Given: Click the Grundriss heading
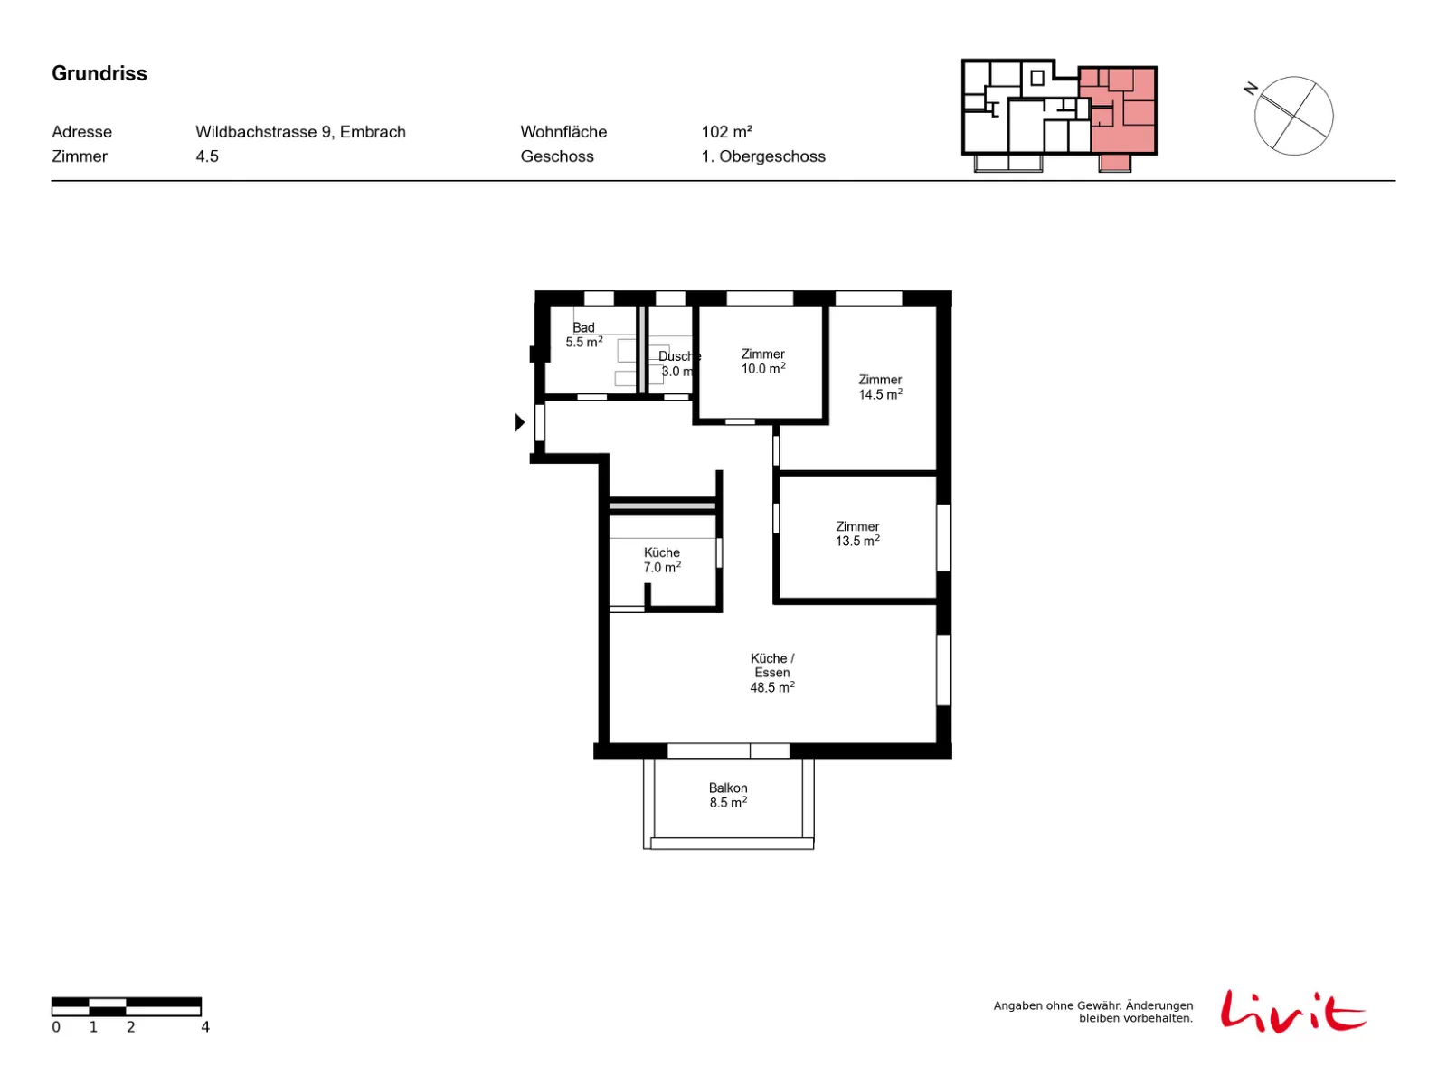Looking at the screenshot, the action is tap(99, 73).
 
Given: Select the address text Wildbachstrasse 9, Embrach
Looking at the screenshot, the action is tap(300, 132).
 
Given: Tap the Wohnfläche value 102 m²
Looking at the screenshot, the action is tap(726, 132).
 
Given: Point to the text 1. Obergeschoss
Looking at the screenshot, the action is tap(762, 156).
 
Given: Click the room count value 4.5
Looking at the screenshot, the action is tap(206, 156).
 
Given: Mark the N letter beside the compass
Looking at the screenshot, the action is tap(1249, 89).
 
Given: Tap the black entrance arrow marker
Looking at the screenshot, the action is tap(519, 421).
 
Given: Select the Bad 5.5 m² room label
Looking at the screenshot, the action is tap(582, 335).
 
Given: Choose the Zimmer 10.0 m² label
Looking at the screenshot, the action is tap(762, 361).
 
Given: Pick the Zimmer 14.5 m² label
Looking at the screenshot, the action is tap(879, 387).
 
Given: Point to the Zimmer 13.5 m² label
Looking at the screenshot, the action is tap(857, 533).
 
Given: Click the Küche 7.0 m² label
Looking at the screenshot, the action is tap(661, 560).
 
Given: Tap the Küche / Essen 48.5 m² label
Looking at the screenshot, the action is tap(771, 672).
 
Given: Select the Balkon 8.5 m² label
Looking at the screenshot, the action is tap(727, 795).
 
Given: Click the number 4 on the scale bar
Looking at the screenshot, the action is tap(205, 1026).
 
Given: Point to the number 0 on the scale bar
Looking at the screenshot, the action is tap(56, 1026).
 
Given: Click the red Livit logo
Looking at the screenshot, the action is tap(1292, 1011).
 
